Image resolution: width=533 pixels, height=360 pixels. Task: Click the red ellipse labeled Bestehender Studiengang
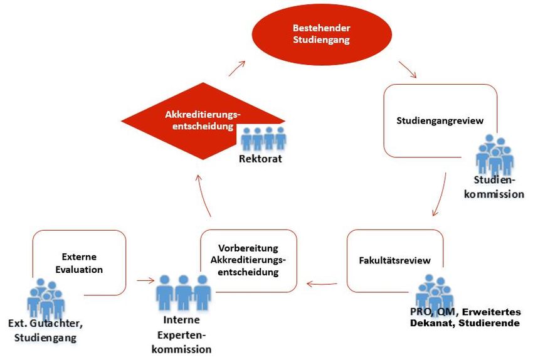[x=322, y=34]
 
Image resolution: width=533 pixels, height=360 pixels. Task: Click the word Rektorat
[x=260, y=159]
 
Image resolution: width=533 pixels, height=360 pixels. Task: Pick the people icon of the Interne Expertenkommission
[x=183, y=292]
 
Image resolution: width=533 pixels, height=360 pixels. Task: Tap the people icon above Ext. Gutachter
[x=46, y=299]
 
